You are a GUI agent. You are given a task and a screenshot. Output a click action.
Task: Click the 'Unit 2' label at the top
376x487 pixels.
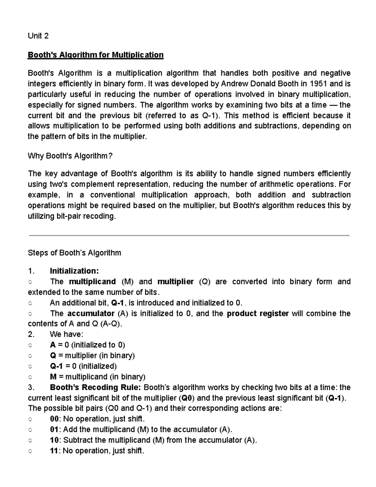[x=38, y=36]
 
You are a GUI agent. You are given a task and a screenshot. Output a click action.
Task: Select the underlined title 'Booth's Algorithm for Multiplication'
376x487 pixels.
[x=96, y=55]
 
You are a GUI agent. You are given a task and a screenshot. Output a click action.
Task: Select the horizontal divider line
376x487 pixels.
[x=189, y=235]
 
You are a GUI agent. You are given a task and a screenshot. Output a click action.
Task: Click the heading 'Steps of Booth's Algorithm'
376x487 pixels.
[x=74, y=253]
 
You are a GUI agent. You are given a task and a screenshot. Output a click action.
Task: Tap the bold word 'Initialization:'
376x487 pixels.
[x=74, y=271]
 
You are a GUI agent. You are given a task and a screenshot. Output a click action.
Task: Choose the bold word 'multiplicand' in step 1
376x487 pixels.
[x=92, y=282]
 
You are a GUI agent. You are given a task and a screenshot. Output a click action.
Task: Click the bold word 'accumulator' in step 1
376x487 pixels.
[x=91, y=314]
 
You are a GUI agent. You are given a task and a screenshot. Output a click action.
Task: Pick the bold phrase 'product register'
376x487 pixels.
[x=258, y=314]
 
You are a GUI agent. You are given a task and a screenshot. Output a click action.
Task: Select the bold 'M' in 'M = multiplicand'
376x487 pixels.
[x=53, y=377]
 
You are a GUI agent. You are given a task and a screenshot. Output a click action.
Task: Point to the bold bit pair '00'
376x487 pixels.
[x=54, y=419]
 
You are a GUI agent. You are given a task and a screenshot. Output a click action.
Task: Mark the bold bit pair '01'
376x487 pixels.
[x=54, y=430]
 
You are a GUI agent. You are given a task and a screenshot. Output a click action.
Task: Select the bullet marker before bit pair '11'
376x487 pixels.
[x=30, y=451]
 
